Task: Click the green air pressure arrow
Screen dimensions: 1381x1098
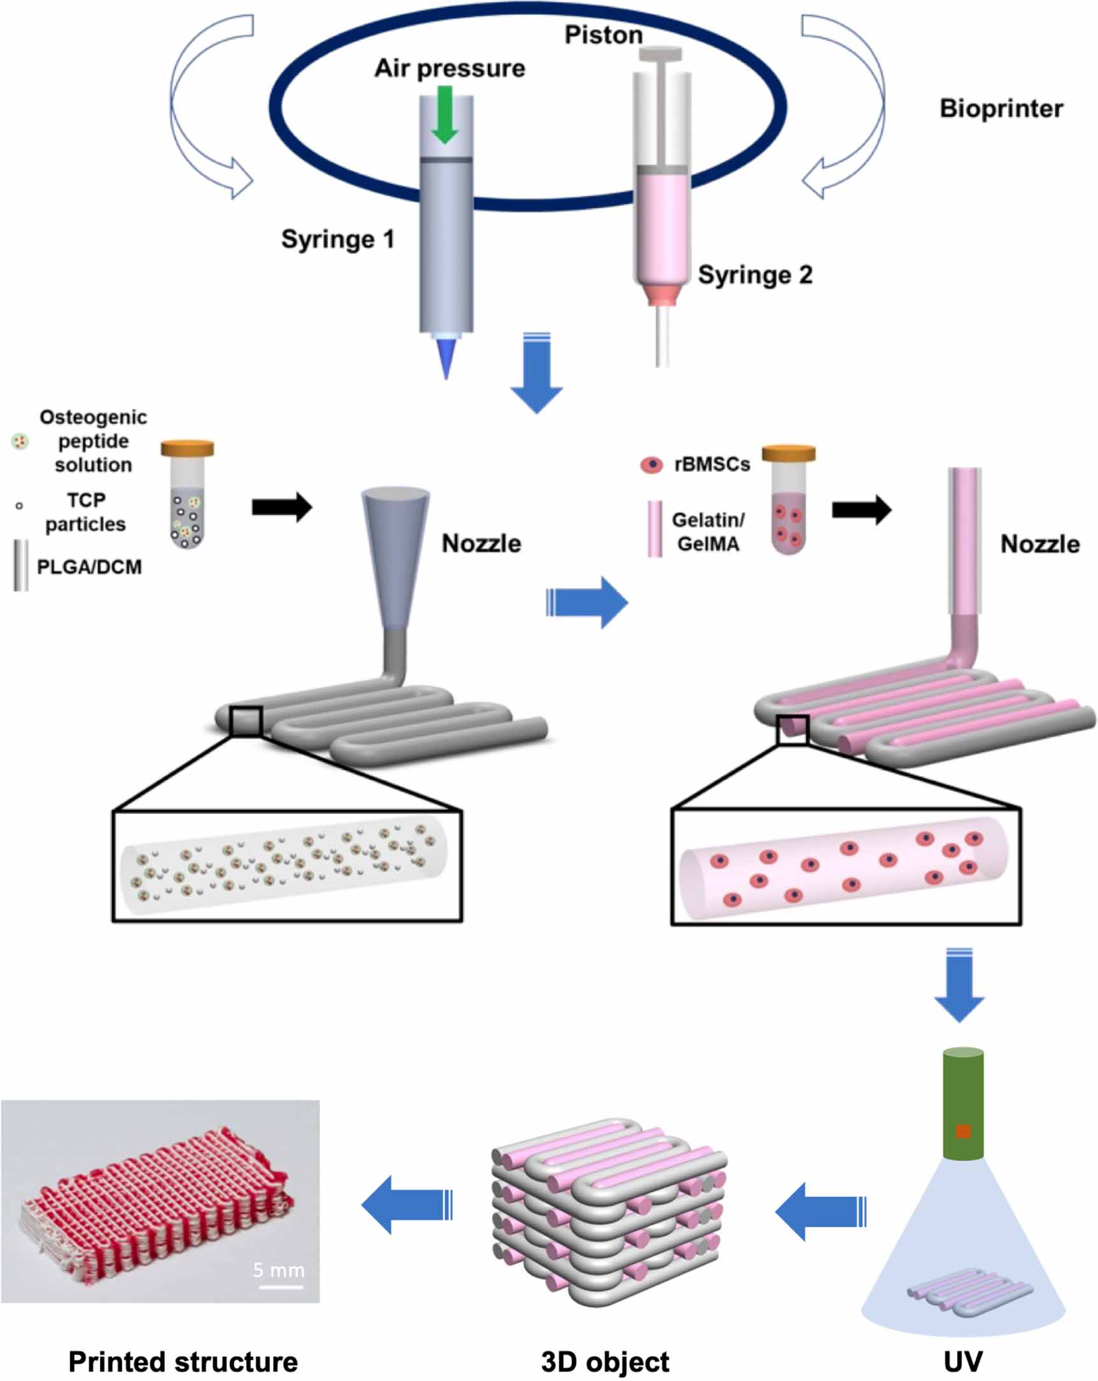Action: tap(444, 115)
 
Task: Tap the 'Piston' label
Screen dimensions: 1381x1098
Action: tap(603, 34)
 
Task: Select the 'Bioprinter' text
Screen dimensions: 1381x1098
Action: tap(1001, 108)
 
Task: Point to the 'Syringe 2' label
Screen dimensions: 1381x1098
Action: tap(754, 275)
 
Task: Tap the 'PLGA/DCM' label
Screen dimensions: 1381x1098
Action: tap(89, 567)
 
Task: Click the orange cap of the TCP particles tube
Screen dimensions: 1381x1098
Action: tap(187, 448)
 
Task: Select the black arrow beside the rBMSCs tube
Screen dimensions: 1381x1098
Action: tap(861, 510)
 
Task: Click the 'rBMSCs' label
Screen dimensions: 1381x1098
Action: tap(712, 464)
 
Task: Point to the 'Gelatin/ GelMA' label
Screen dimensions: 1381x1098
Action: tap(708, 532)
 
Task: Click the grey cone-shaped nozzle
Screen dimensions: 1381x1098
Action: tap(395, 551)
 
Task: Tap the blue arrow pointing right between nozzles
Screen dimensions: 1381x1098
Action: tap(586, 602)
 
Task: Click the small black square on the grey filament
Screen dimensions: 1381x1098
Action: tap(246, 721)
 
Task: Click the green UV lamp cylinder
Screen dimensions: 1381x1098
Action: tap(963, 1104)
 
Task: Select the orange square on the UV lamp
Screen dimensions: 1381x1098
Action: tap(963, 1131)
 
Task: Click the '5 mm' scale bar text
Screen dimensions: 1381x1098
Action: tap(278, 1270)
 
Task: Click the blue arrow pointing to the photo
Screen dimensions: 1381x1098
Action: tap(407, 1204)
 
